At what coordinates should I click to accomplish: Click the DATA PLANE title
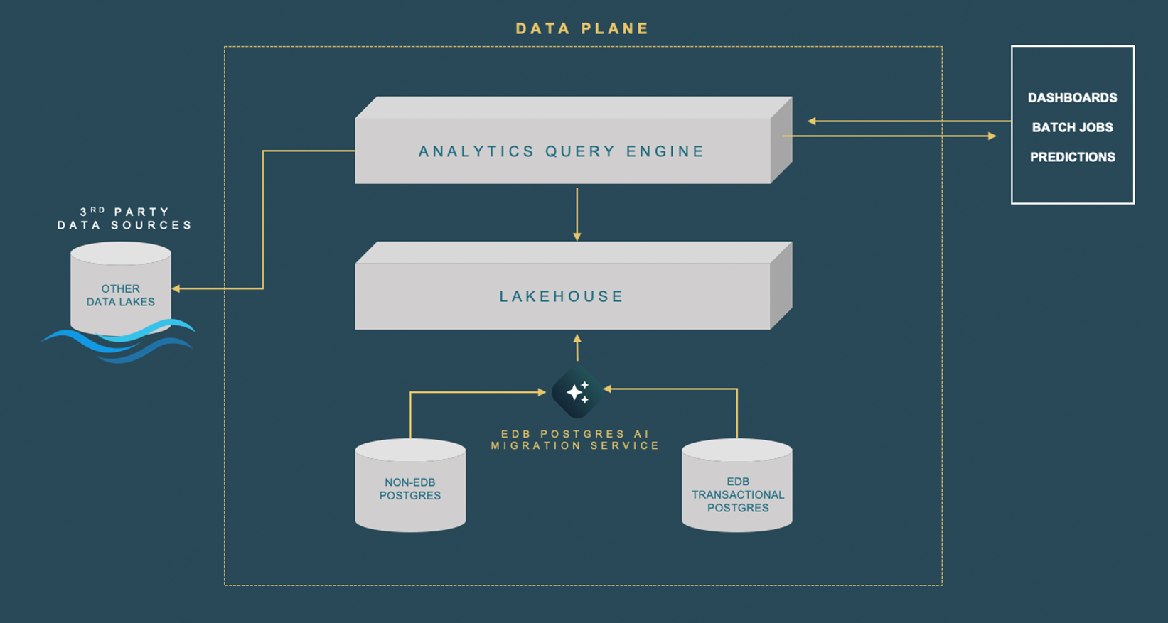(x=582, y=29)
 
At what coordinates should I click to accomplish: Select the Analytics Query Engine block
(x=562, y=151)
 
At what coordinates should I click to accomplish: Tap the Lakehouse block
(x=562, y=296)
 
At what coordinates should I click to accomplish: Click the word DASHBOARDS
(x=1072, y=98)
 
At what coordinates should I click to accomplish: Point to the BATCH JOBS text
(x=1072, y=128)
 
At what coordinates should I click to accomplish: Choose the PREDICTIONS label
(x=1072, y=158)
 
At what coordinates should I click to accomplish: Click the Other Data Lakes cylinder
(x=121, y=291)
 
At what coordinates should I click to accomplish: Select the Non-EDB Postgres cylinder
(x=410, y=487)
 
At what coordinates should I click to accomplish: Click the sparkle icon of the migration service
(x=577, y=391)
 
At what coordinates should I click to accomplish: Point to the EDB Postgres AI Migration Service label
(x=576, y=440)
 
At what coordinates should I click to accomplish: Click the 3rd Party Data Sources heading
(x=124, y=219)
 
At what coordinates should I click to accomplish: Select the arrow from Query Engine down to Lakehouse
(x=577, y=213)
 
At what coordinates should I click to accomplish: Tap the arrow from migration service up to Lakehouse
(x=577, y=347)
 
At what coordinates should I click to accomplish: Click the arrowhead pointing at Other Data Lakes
(x=176, y=288)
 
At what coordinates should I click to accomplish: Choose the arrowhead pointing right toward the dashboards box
(x=992, y=136)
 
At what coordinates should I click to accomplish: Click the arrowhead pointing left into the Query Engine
(x=812, y=121)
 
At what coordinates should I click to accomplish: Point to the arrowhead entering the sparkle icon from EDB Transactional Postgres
(x=608, y=389)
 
